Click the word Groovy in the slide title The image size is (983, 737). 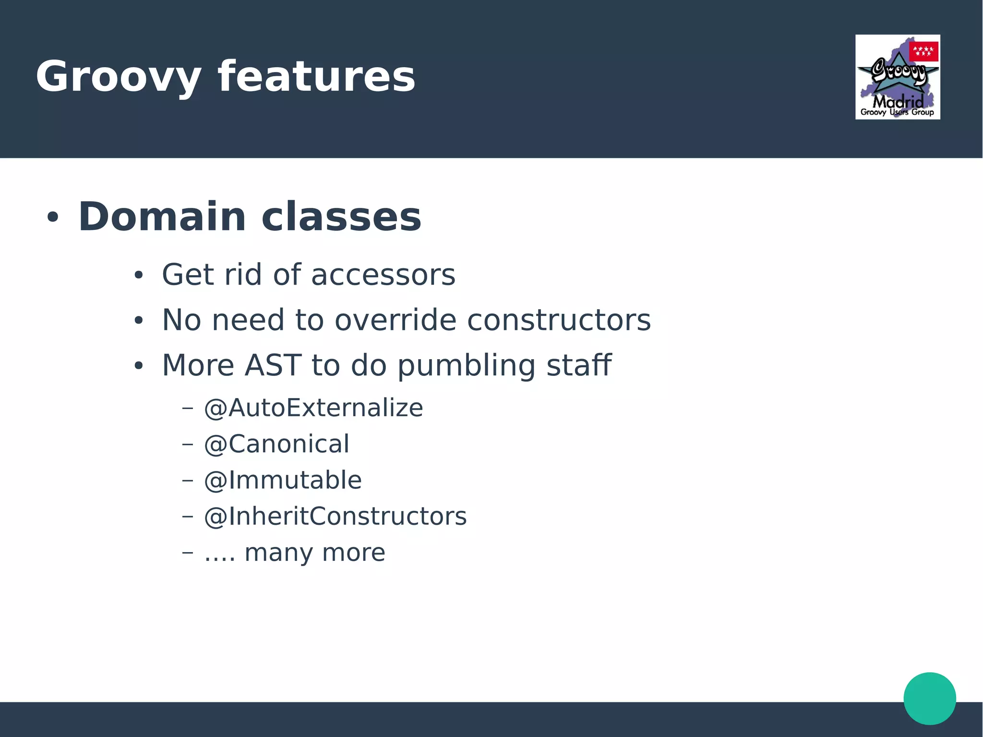tap(118, 77)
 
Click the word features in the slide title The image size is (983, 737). tap(316, 77)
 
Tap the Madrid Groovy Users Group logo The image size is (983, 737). tap(897, 77)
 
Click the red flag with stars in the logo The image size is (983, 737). tap(923, 51)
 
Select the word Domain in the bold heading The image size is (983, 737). tap(162, 217)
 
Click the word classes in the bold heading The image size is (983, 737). tap(341, 217)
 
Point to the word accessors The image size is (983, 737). tap(383, 275)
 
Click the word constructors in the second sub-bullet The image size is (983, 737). tap(559, 320)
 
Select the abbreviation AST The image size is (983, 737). tap(273, 365)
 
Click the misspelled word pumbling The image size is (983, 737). tap(466, 365)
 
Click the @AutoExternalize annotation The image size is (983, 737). tap(313, 408)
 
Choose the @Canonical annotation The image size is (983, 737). tap(276, 444)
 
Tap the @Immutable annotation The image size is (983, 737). tap(283, 480)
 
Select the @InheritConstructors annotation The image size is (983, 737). tap(335, 517)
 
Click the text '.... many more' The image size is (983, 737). tap(294, 553)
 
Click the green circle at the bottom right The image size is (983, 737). tap(929, 698)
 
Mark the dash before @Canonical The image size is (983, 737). tap(188, 444)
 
